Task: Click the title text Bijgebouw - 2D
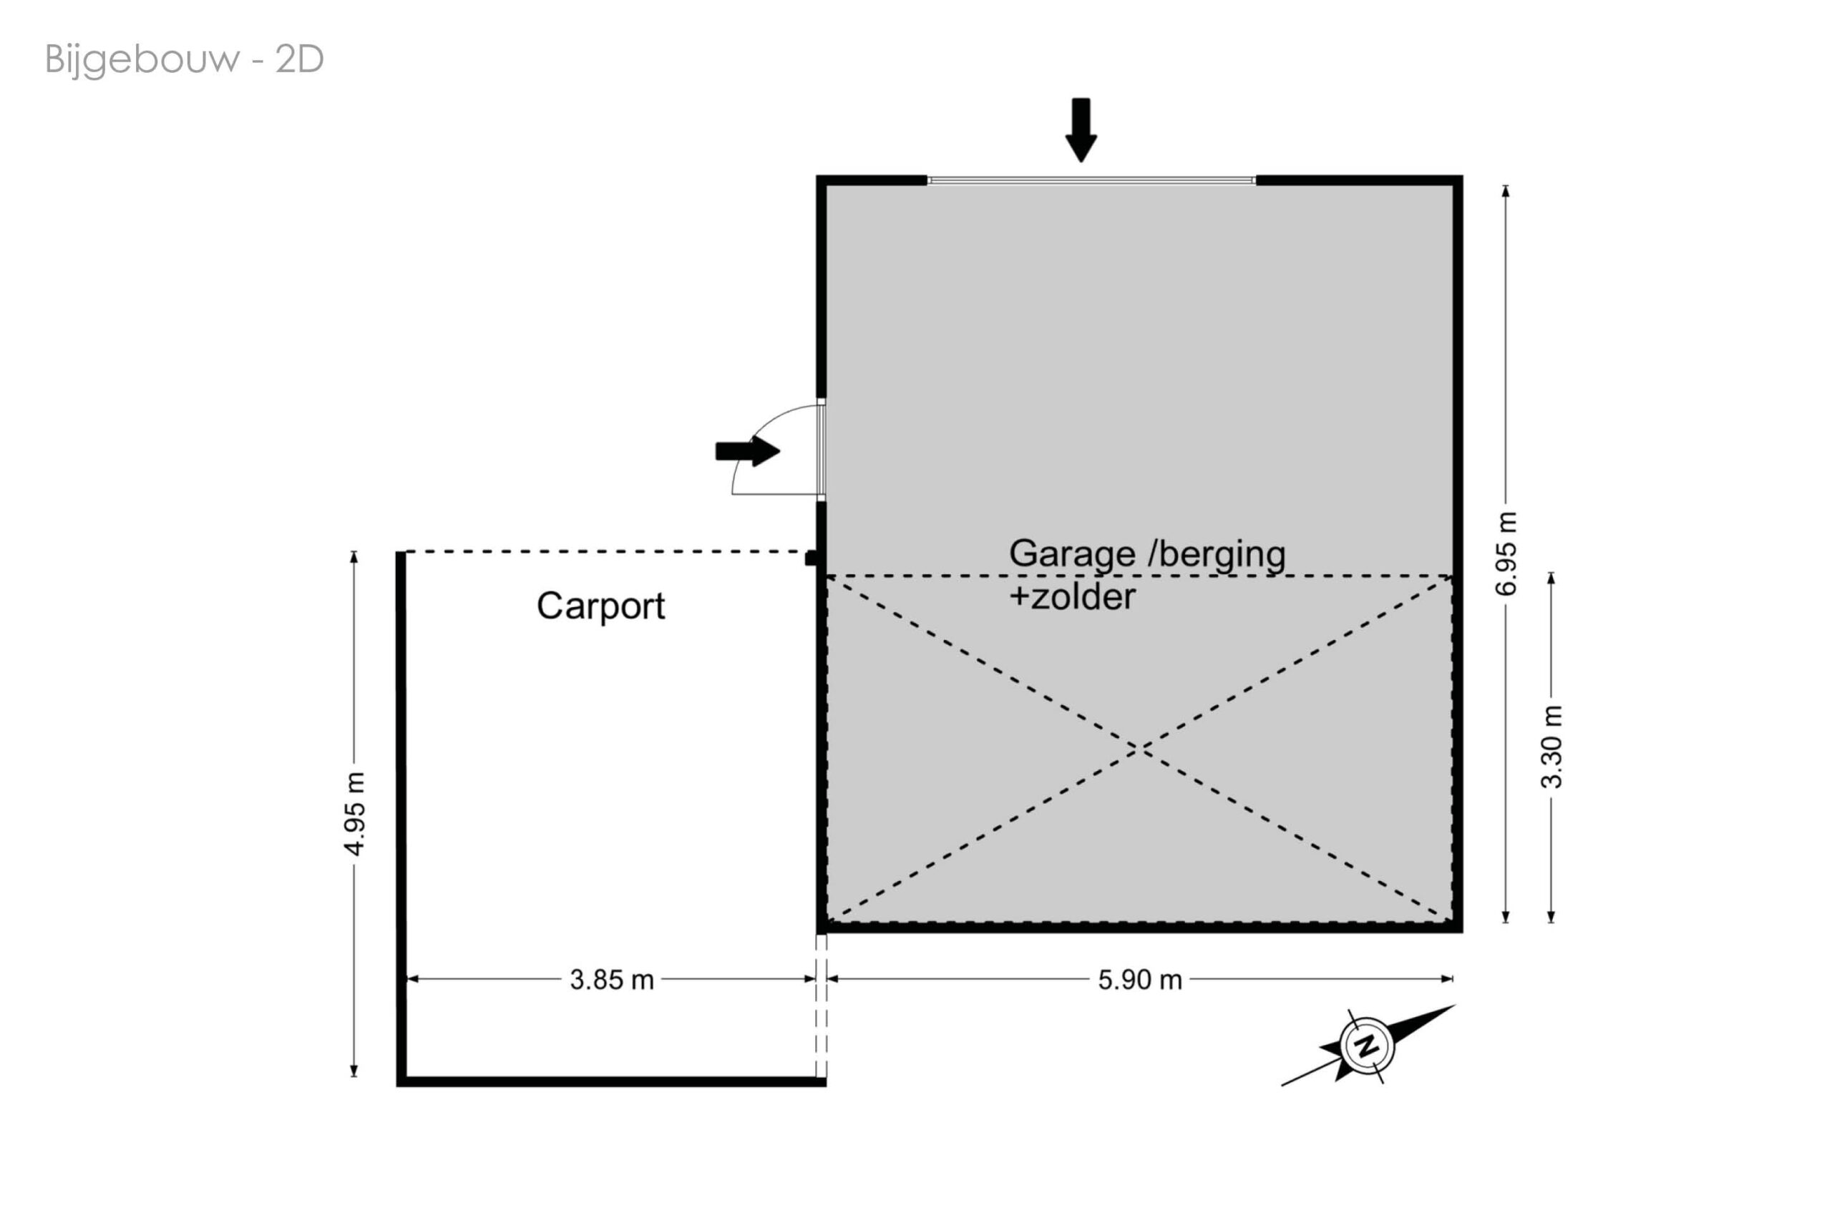click(x=184, y=59)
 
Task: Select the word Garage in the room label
click(x=1071, y=554)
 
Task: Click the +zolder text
click(x=1071, y=598)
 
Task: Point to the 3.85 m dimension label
click(x=611, y=980)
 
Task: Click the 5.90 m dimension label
click(x=1139, y=980)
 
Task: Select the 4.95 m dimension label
click(x=355, y=814)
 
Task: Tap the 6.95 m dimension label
click(x=1506, y=554)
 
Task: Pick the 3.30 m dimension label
click(x=1551, y=747)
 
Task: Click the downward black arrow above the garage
click(x=1081, y=129)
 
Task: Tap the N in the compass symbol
click(x=1366, y=1046)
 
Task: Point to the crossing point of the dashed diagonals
click(x=1139, y=749)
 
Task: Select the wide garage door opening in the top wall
click(x=1091, y=180)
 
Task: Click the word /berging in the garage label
click(x=1217, y=554)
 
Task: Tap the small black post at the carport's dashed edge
click(x=811, y=558)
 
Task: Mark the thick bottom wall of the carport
click(x=611, y=1081)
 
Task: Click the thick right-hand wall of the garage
click(x=1458, y=545)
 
